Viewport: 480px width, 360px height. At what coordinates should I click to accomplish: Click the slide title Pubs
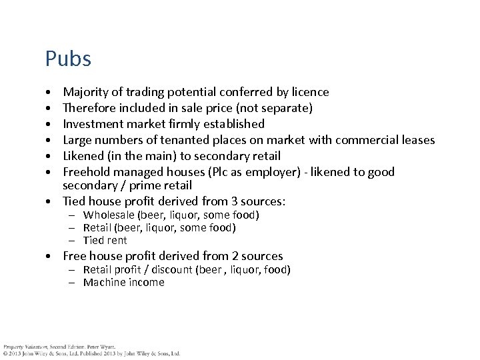(x=68, y=59)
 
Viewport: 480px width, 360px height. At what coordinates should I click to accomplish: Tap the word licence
(x=309, y=92)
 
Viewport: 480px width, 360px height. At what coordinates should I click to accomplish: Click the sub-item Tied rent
(x=105, y=240)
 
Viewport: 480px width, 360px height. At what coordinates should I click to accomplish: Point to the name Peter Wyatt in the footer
(x=101, y=347)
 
